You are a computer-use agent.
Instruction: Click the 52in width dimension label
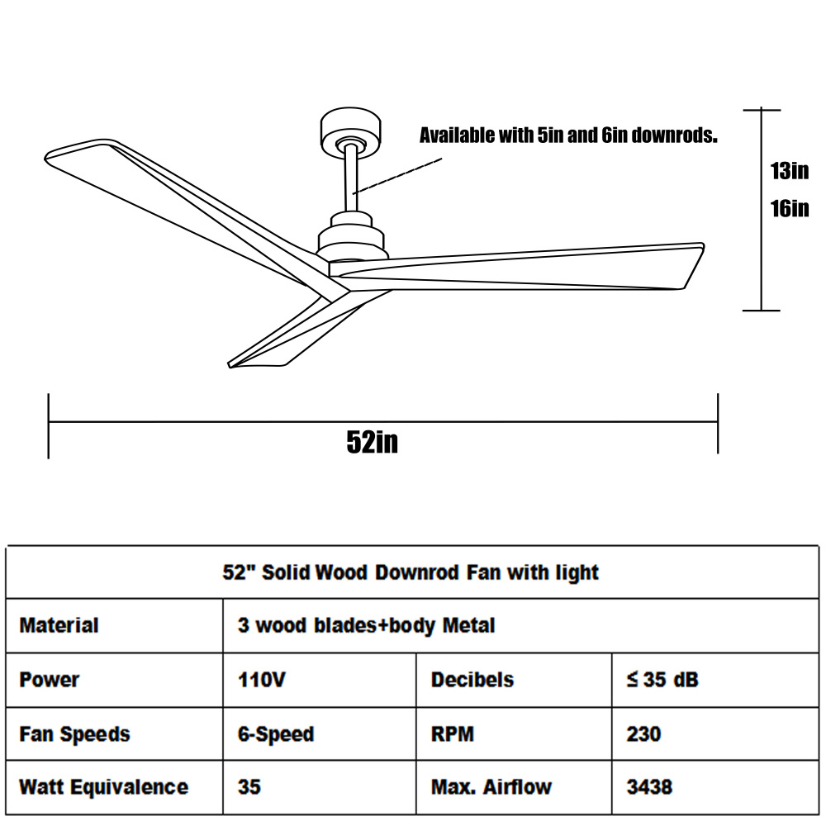point(372,441)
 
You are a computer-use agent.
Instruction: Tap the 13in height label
point(789,171)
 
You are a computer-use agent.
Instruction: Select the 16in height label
point(789,209)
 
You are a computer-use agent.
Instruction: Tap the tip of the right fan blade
point(703,245)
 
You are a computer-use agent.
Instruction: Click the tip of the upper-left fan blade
point(46,156)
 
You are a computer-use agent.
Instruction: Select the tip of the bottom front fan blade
point(230,364)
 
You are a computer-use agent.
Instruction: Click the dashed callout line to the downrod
point(397,176)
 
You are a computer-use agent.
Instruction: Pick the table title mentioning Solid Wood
point(411,572)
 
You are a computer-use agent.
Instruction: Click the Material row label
point(59,625)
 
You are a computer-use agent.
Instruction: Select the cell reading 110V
point(261,680)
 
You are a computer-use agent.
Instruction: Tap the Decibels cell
point(472,680)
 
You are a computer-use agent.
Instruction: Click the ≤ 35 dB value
point(662,680)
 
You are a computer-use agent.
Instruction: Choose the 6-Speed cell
point(276,734)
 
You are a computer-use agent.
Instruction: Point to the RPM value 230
point(643,734)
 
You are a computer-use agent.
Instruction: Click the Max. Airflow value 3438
point(649,787)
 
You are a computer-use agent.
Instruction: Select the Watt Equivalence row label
point(104,787)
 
